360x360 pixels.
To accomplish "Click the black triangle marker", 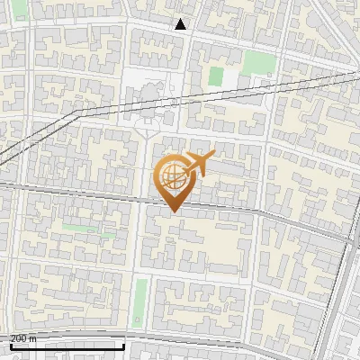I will click(181, 24).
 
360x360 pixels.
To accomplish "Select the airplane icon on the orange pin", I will click(197, 164).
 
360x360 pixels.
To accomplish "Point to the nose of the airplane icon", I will click(212, 156).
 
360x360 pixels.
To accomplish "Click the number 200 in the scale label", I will click(18, 338).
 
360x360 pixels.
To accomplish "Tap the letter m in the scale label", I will click(33, 338).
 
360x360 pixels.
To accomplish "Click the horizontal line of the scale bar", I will click(67, 346).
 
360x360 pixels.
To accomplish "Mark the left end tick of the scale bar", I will click(10, 345).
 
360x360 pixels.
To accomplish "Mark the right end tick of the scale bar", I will click(123, 345).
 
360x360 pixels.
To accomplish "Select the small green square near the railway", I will click(216, 76).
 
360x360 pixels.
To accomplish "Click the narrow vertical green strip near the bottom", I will click(140, 301).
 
